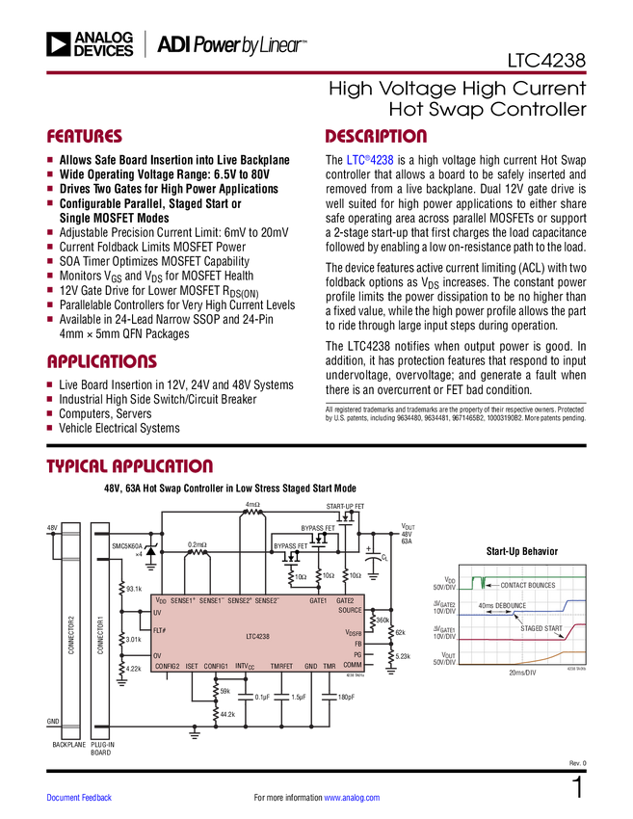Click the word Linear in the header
[279, 44]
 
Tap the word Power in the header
[217, 44]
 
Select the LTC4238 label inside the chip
[256, 635]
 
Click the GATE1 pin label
[318, 600]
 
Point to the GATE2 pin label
[348, 600]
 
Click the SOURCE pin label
[350, 610]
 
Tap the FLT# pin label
[160, 630]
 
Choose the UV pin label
[157, 612]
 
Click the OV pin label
[157, 654]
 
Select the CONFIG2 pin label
[168, 666]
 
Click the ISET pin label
[192, 666]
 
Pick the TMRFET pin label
[281, 666]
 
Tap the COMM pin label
[352, 665]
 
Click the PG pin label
[356, 654]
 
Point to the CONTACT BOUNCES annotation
[527, 585]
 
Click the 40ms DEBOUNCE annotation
[504, 605]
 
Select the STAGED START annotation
[541, 627]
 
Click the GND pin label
[310, 666]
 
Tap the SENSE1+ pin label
[183, 600]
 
